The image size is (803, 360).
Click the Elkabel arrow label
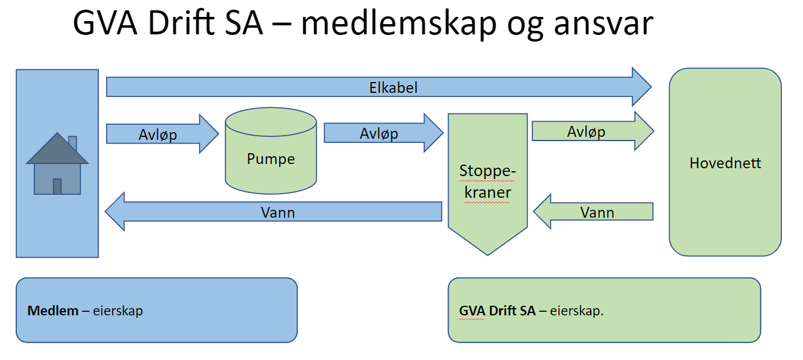coord(393,88)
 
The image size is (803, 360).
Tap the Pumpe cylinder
coord(271,151)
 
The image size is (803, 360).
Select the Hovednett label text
coord(725,163)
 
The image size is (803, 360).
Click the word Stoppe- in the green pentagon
coord(488,171)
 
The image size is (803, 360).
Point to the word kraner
coord(488,192)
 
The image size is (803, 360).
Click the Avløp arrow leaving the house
coord(162,134)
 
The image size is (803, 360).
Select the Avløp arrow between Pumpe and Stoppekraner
coord(383,133)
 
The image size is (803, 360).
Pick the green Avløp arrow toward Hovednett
coord(593,131)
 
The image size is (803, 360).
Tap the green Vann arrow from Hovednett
coord(593,212)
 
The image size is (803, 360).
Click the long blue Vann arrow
coord(273,212)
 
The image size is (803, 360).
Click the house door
coord(57,186)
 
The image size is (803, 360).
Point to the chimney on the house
coord(72,142)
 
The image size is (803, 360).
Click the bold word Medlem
coord(52,311)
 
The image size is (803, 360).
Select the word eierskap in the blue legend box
coord(118,311)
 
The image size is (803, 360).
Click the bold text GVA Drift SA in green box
coord(497,311)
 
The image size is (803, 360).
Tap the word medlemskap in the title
coord(398,24)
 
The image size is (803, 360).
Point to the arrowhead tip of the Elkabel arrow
coord(651,87)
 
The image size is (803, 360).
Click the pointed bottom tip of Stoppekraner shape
coord(488,255)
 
